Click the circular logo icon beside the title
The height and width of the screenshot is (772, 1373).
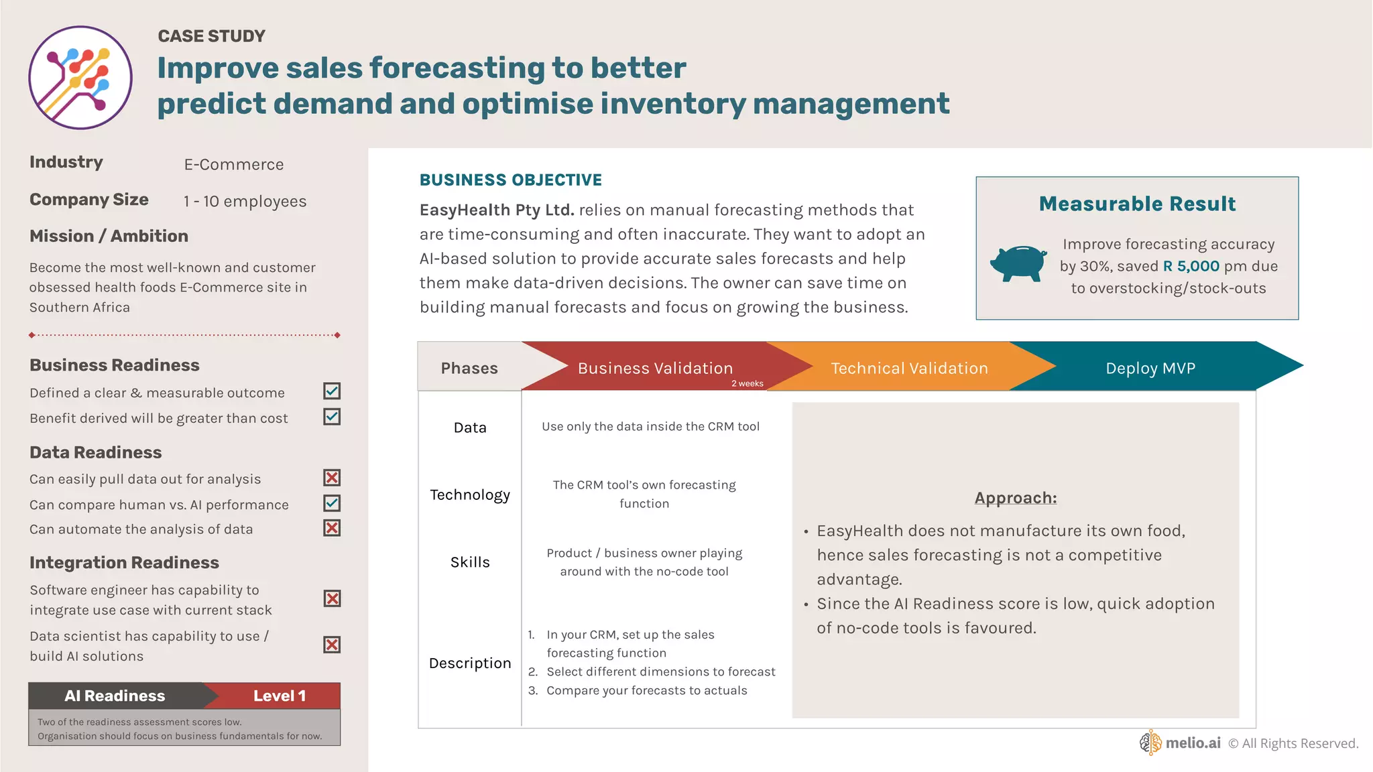coord(80,78)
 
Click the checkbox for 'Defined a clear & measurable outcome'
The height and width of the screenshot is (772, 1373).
coord(332,391)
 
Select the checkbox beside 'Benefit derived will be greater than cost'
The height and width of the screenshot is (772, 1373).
coord(332,417)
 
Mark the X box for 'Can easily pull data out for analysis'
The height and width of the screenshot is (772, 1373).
coord(332,478)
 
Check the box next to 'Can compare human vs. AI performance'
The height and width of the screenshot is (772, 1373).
coord(332,503)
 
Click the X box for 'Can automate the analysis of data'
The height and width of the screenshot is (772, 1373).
coord(332,528)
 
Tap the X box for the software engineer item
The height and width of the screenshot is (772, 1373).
coord(332,598)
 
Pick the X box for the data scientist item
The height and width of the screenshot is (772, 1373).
coord(332,645)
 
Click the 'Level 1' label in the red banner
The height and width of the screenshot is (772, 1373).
coord(280,696)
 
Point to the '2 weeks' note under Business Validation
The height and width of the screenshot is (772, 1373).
coord(747,384)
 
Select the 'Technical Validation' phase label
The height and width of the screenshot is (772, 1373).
coord(909,368)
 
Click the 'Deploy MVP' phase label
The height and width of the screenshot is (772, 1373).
coord(1150,368)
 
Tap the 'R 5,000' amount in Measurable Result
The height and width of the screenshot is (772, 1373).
coord(1191,266)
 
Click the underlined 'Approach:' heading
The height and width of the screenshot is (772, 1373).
coord(1015,498)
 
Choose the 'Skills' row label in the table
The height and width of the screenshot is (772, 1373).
coord(470,562)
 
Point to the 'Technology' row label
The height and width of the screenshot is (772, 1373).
coord(470,495)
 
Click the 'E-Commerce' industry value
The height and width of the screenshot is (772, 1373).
coord(234,165)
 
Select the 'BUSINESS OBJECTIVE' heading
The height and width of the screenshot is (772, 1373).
coord(511,180)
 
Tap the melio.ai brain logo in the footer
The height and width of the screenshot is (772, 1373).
coord(1150,743)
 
